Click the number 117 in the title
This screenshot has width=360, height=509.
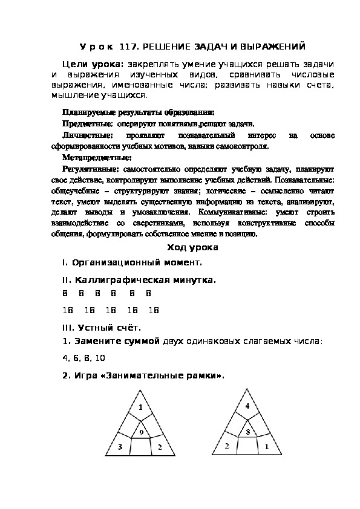pyautogui.click(x=129, y=46)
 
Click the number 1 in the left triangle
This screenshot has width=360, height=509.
pyautogui.click(x=141, y=406)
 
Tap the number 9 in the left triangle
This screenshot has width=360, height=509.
pyautogui.click(x=141, y=433)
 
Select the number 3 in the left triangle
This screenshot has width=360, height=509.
pyautogui.click(x=120, y=447)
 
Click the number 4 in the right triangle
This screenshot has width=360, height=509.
pyautogui.click(x=247, y=406)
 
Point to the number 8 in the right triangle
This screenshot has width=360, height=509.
pyautogui.click(x=247, y=432)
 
